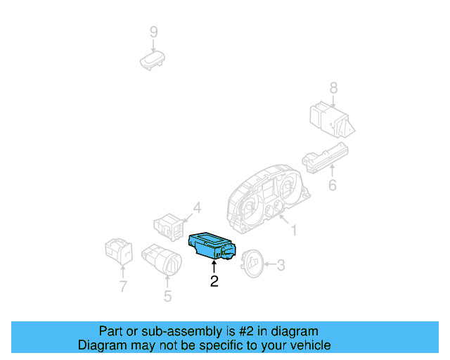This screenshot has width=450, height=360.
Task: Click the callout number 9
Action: pyautogui.click(x=153, y=32)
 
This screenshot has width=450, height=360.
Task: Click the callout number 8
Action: pyautogui.click(x=333, y=88)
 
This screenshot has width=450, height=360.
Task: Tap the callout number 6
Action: pyautogui.click(x=333, y=186)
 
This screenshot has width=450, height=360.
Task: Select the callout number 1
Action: pyautogui.click(x=294, y=230)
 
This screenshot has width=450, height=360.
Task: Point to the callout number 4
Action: pyautogui.click(x=197, y=207)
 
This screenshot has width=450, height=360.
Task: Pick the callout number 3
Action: pyautogui.click(x=281, y=265)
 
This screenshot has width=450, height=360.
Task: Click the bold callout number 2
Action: pyautogui.click(x=214, y=281)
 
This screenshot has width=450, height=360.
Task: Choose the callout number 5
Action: pyautogui.click(x=167, y=296)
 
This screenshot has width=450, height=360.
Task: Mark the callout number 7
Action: pyautogui.click(x=122, y=286)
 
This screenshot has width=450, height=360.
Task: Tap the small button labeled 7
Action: pyautogui.click(x=117, y=251)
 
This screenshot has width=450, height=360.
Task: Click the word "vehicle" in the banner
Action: pyautogui.click(x=308, y=345)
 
